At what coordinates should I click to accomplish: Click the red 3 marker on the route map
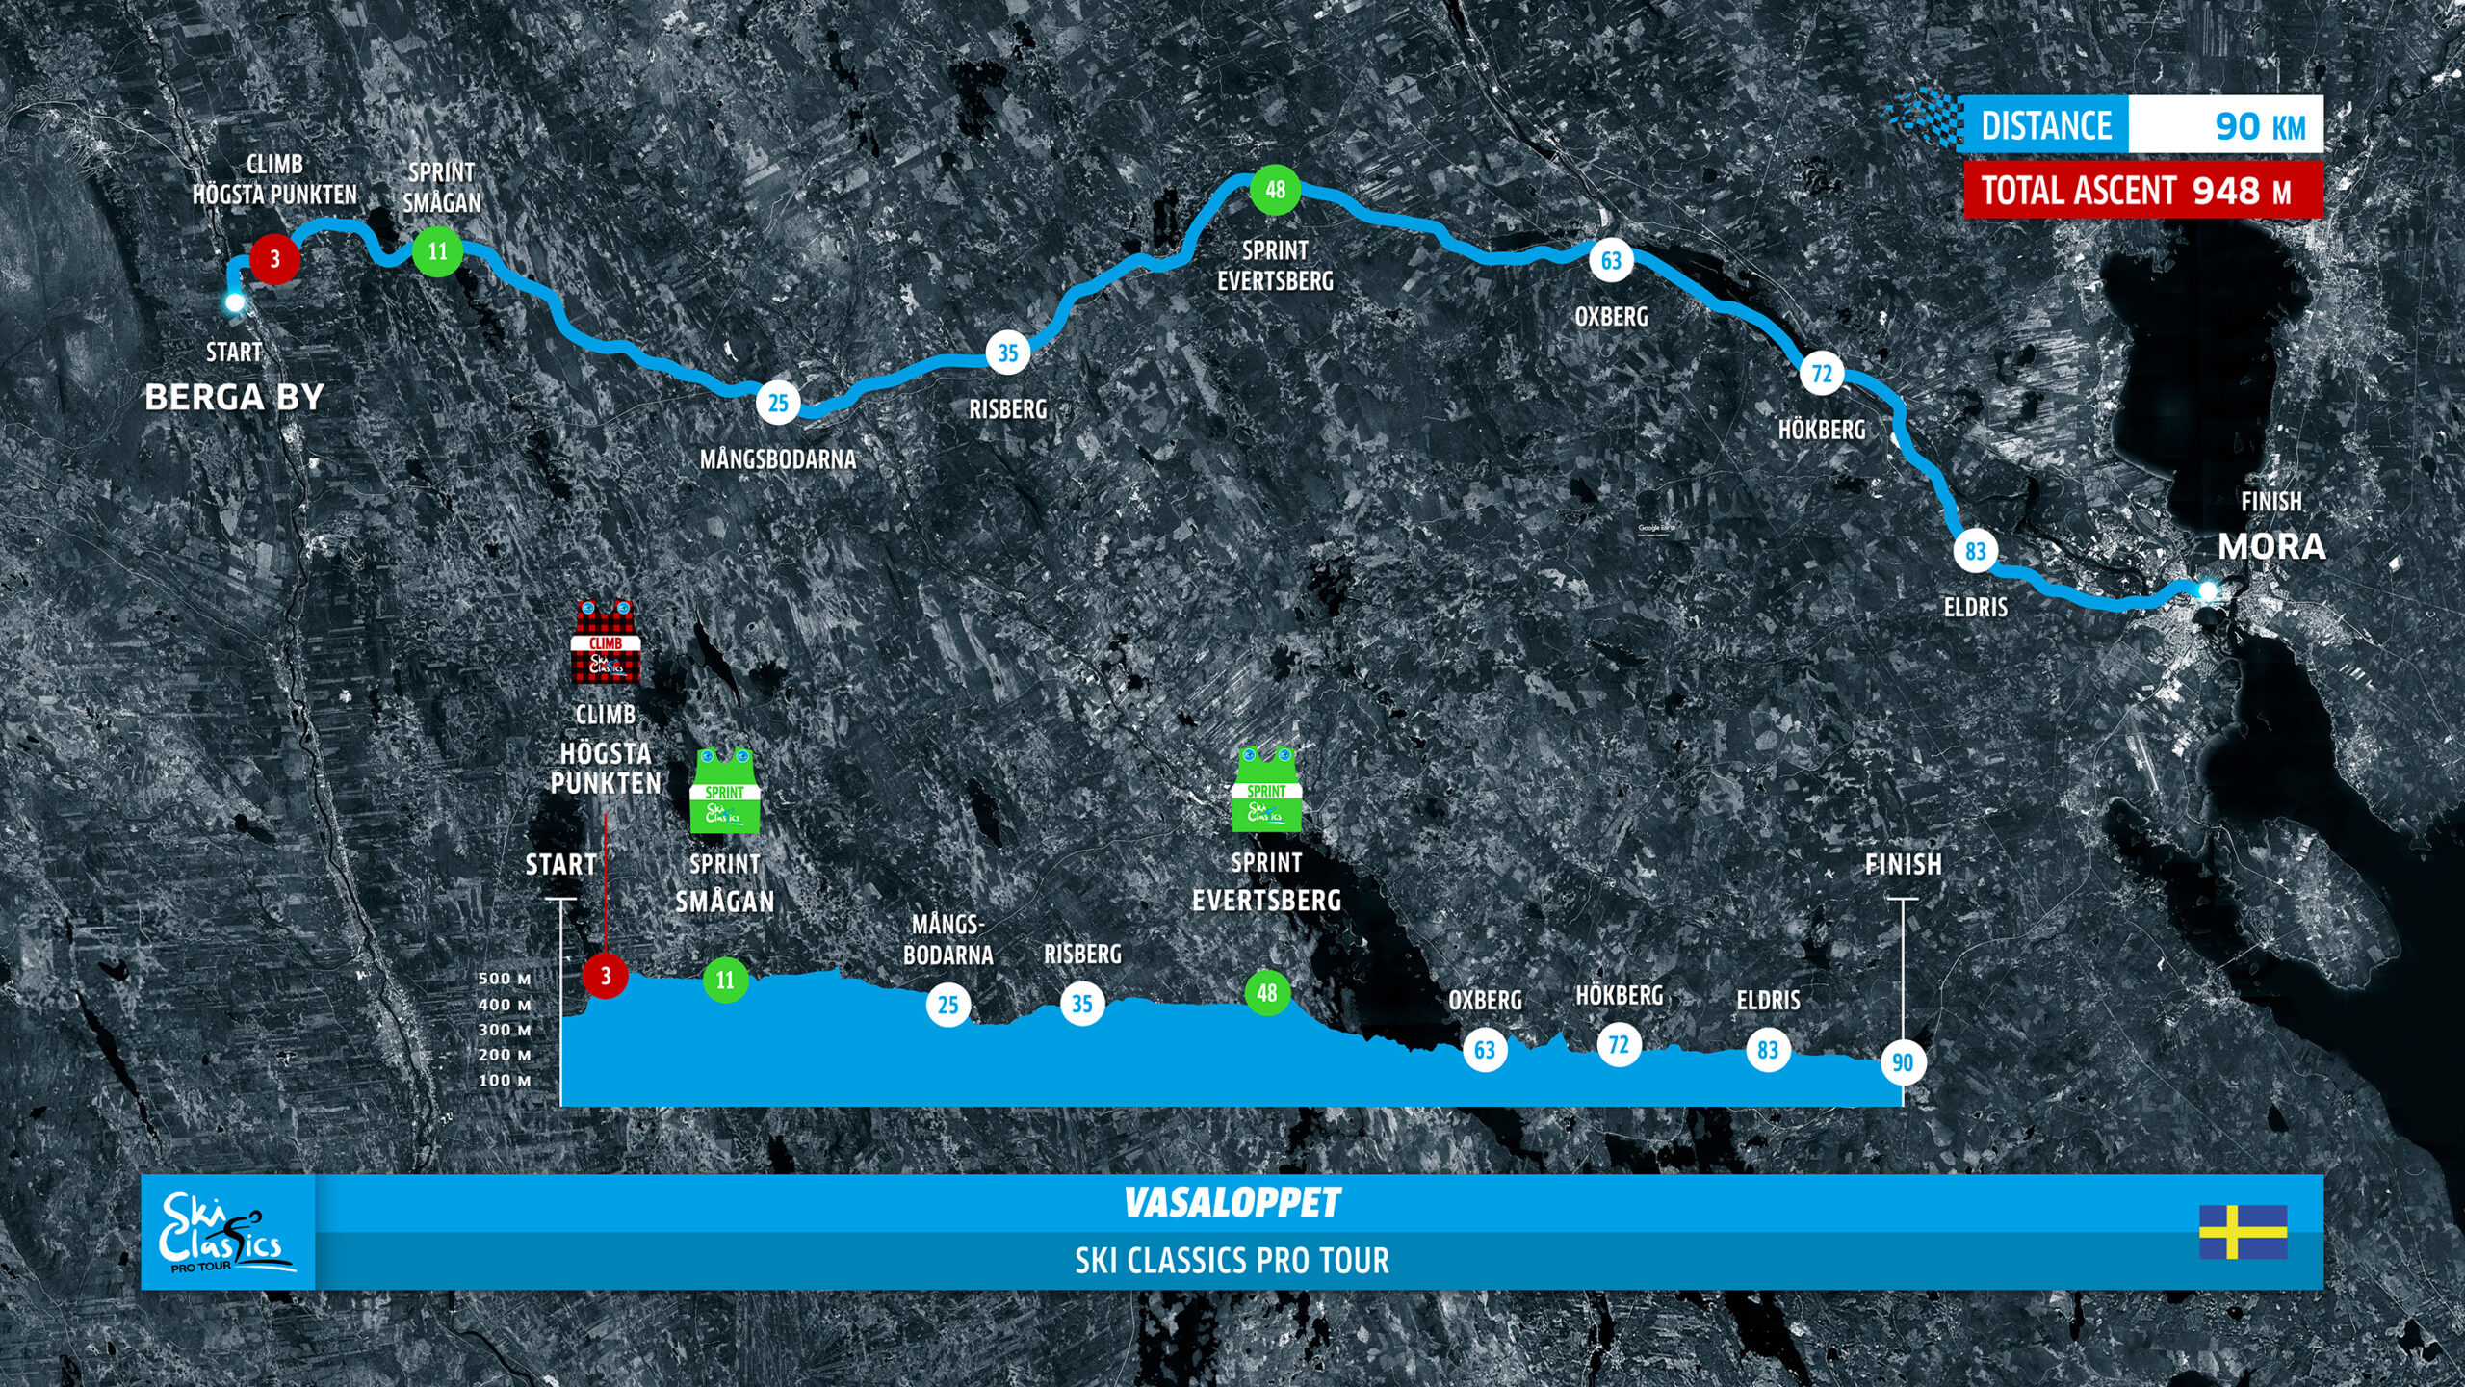click(274, 258)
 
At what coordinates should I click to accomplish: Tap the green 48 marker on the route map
click(1275, 190)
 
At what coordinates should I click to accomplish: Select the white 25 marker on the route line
click(778, 403)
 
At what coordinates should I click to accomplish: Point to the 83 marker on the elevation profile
click(1768, 1050)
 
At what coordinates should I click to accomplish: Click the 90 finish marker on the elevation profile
click(1903, 1062)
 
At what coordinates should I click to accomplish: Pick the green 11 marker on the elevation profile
click(725, 981)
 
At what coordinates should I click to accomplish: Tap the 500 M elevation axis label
click(505, 979)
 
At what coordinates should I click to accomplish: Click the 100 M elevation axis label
click(505, 1081)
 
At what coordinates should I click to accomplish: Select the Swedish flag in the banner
click(2243, 1232)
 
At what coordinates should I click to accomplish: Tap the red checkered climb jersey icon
click(606, 641)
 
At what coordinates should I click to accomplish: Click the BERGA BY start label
click(234, 397)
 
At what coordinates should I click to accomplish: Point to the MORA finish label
click(2271, 547)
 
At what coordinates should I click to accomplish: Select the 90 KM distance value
click(2259, 126)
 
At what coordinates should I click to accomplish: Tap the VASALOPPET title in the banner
click(1232, 1202)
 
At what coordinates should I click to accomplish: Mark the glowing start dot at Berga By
click(234, 302)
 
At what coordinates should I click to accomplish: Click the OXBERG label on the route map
click(1611, 317)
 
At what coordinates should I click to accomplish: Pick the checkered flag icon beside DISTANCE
click(1922, 120)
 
